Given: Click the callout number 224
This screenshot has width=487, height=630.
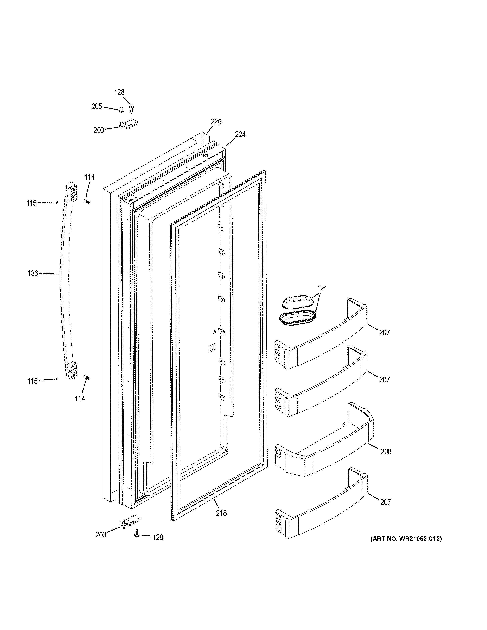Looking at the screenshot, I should tap(240, 134).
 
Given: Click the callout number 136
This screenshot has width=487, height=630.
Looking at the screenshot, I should tap(33, 273).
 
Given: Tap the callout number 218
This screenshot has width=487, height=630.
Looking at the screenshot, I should tap(221, 513).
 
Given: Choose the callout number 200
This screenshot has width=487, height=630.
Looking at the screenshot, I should tap(101, 535).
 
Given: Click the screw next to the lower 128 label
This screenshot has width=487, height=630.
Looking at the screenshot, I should tap(136, 534).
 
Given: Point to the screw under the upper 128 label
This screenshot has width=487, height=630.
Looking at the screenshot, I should tap(132, 108).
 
